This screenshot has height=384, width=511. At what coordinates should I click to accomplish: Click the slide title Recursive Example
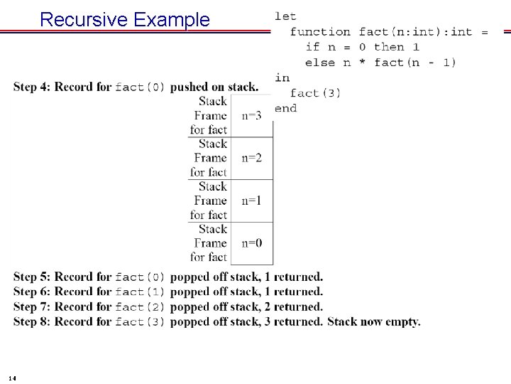tap(125, 19)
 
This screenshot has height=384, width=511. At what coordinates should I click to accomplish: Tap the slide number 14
tap(14, 377)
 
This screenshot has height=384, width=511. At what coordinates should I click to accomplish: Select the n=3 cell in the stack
tap(251, 115)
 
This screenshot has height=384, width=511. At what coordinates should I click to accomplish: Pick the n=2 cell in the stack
tap(251, 158)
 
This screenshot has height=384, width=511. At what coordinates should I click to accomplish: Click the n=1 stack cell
tap(251, 201)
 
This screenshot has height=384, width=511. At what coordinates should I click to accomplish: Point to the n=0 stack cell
tap(251, 243)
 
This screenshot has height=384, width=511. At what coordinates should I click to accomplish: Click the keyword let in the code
tap(285, 16)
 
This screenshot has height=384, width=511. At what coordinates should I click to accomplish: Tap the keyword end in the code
tap(285, 108)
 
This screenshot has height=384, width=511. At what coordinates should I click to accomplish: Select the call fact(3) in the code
tap(315, 93)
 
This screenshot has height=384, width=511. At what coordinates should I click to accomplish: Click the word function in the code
tap(320, 31)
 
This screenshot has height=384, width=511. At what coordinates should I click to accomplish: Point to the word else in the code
tap(319, 63)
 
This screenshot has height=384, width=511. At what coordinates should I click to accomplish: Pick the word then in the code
tap(389, 47)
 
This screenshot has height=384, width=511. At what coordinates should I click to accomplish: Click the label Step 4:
tap(32, 87)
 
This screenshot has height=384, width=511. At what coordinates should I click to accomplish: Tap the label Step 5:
tap(32, 277)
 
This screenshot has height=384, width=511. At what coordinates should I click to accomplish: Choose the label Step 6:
tap(32, 292)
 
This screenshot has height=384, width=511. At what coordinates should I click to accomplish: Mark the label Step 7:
tap(32, 307)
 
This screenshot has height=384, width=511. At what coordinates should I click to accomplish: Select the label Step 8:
tap(32, 322)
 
